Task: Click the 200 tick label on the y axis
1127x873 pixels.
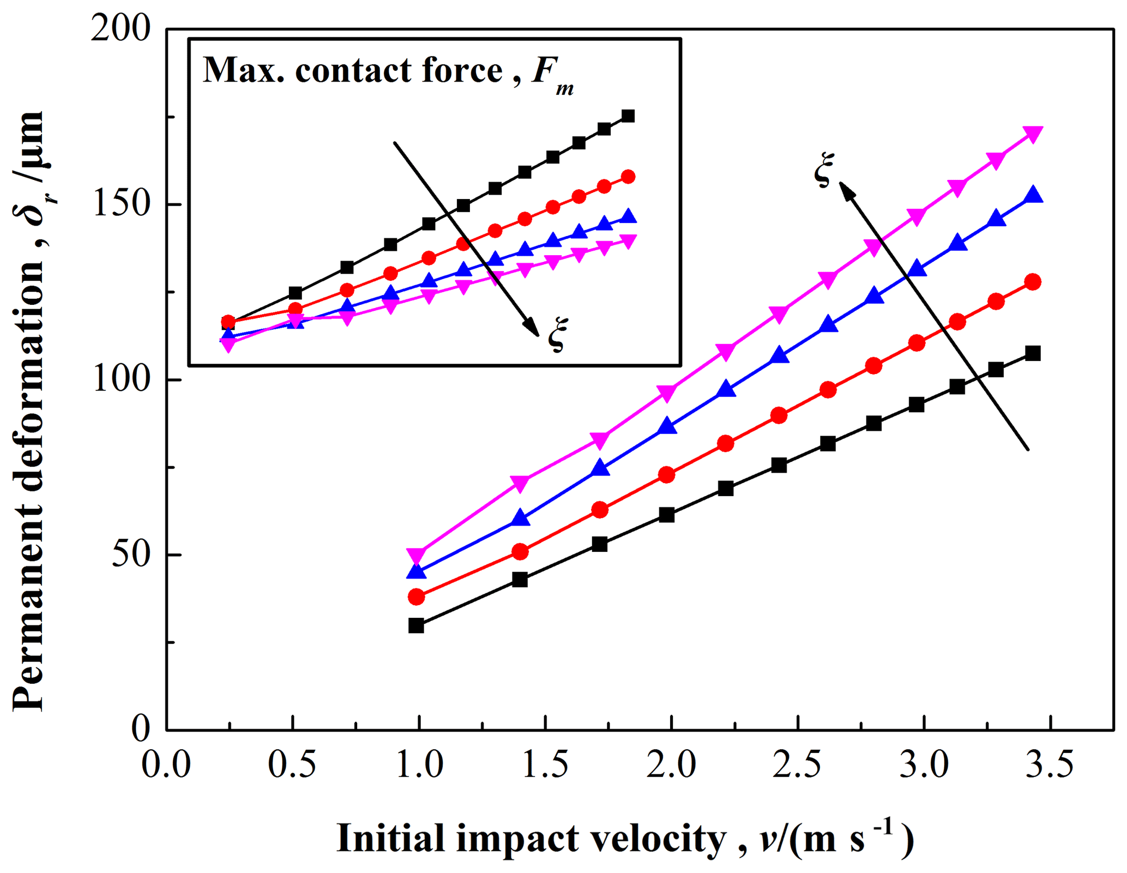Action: click(x=120, y=28)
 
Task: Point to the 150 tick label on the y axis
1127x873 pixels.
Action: click(x=121, y=204)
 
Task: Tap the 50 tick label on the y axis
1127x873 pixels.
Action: click(x=131, y=555)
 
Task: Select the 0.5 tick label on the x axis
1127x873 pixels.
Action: click(x=292, y=764)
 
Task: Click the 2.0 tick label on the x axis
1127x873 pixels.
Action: click(x=671, y=764)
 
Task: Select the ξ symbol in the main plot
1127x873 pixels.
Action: click(x=824, y=170)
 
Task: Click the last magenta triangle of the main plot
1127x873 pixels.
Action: click(x=1033, y=134)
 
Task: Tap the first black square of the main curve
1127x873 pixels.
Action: click(x=416, y=625)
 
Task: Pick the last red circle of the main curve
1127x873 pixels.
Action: click(x=1033, y=282)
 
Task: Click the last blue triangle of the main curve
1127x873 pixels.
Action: click(x=1033, y=195)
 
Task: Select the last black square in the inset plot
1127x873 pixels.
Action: click(x=628, y=116)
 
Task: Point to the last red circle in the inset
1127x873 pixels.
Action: click(x=628, y=177)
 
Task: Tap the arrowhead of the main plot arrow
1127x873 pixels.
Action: click(x=845, y=189)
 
